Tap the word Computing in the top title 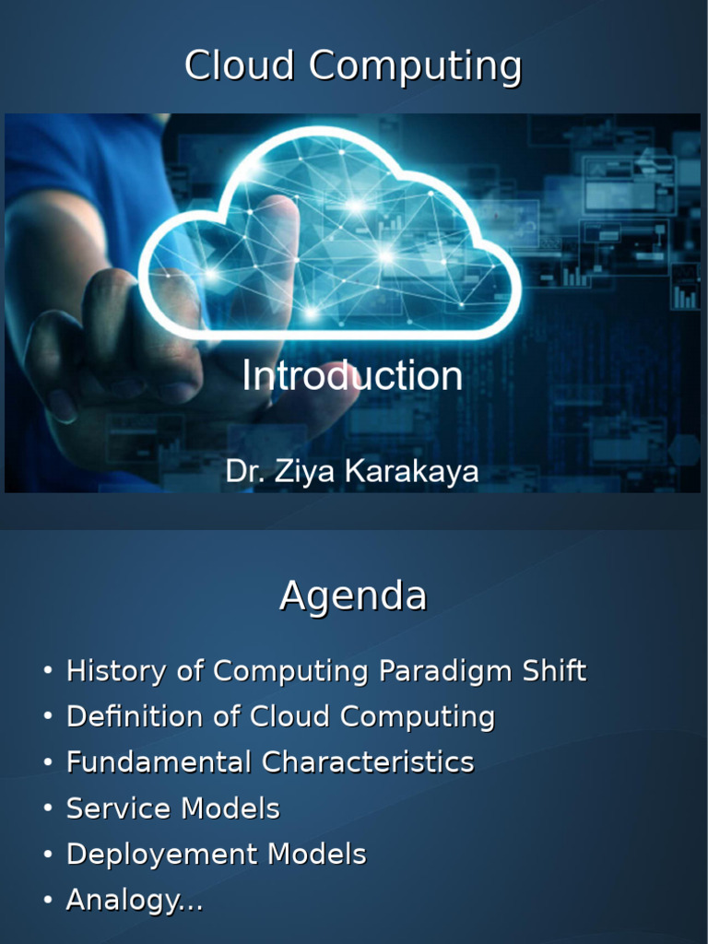click(x=416, y=66)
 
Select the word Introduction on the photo click(x=352, y=376)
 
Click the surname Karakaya click(x=412, y=471)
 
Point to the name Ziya click(x=304, y=472)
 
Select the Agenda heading click(x=353, y=596)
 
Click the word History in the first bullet click(x=116, y=671)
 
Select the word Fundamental click(x=159, y=762)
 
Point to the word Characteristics click(x=368, y=762)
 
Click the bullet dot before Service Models click(x=48, y=808)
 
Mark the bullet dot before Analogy click(x=48, y=900)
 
